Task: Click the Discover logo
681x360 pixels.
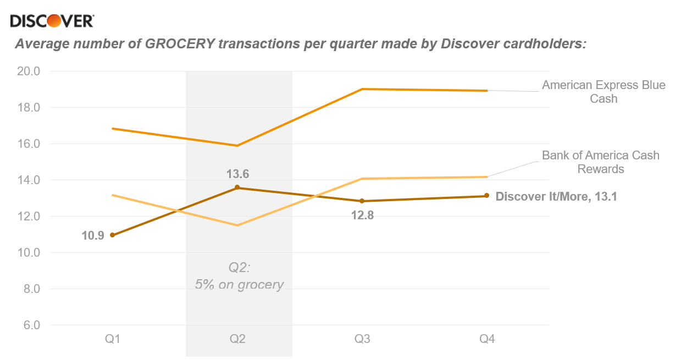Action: point(52,21)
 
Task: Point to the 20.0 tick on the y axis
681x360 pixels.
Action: point(29,71)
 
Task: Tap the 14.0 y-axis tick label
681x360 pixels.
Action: point(29,180)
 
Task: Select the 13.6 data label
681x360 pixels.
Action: point(237,174)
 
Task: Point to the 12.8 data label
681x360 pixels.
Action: point(362,215)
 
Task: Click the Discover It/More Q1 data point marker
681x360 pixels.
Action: point(113,235)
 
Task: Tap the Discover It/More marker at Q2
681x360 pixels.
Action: point(237,187)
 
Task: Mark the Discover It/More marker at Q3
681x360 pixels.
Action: point(362,201)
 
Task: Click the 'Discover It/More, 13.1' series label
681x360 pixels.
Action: point(556,196)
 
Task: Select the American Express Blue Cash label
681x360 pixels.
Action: point(604,92)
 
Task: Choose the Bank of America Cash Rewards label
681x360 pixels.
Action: point(600,162)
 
